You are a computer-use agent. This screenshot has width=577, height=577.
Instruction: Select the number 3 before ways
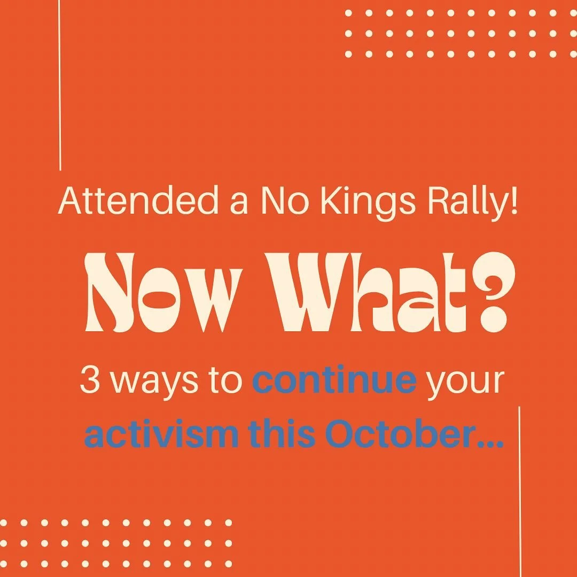point(89,380)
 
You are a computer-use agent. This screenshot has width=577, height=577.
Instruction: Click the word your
point(464,383)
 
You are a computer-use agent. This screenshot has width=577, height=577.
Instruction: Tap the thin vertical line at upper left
point(60,85)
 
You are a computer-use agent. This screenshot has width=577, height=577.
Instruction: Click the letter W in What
point(307,293)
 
